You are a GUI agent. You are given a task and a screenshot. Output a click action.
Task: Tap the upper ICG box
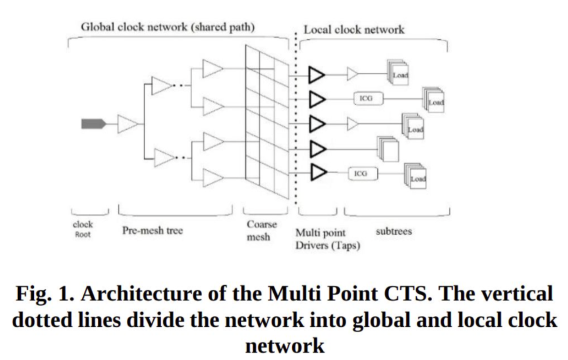tap(368, 98)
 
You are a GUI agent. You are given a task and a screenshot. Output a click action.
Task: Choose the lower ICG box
tap(363, 174)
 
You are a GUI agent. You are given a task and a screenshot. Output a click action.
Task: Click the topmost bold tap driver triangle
tap(317, 75)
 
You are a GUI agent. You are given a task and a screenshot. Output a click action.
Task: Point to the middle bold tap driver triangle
tap(317, 124)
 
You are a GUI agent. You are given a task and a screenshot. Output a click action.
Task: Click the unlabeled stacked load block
tap(388, 149)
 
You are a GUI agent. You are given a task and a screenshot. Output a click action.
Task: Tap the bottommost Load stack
tap(415, 176)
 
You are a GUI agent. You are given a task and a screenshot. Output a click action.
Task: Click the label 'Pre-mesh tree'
tap(152, 230)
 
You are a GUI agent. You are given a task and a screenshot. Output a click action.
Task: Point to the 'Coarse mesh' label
tap(261, 230)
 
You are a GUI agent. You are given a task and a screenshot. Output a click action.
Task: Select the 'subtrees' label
tap(394, 231)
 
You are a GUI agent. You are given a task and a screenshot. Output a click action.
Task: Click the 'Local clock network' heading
tap(354, 30)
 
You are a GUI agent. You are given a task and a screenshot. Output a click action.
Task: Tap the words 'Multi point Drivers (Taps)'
tap(327, 239)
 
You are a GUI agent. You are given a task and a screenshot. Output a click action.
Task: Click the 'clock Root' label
tap(83, 229)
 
